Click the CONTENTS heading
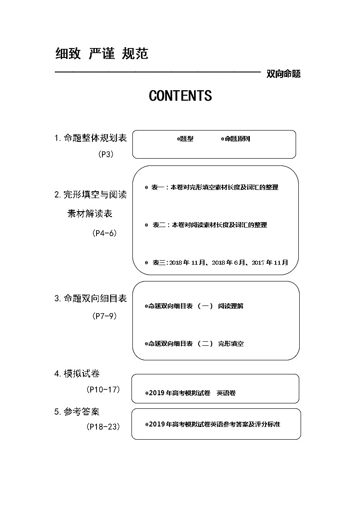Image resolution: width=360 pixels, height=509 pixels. tap(180, 96)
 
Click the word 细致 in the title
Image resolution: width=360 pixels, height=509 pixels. tap(68, 54)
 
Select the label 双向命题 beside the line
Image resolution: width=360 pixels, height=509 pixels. tap(284, 74)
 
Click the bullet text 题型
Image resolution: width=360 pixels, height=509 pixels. tap(186, 139)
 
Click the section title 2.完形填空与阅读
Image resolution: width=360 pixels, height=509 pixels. tap(91, 195)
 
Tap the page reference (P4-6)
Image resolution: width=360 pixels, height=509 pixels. tap(104, 233)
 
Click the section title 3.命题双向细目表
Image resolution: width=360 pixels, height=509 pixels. tap(91, 298)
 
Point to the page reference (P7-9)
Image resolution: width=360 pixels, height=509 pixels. tap(104, 316)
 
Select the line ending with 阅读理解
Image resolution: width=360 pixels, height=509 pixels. tap(195, 306)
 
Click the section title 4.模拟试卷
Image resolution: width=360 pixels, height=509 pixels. tap(77, 373)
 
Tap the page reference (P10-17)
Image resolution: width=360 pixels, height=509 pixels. tap(103, 389)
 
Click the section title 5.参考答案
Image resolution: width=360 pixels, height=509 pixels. tap(77, 412)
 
